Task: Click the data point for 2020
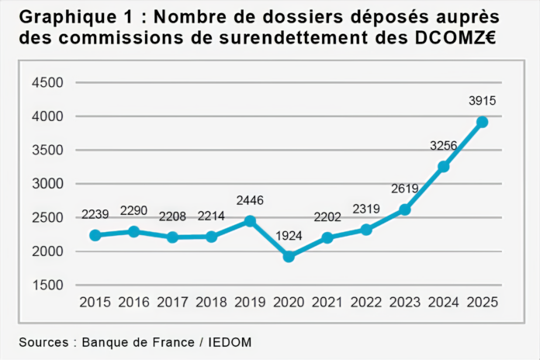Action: tap(289, 256)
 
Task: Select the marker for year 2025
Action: tap(482, 122)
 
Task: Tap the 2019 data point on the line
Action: tap(250, 221)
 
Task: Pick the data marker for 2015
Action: tap(95, 235)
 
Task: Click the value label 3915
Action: tap(482, 100)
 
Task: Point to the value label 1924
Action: tap(289, 235)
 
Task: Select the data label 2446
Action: tap(250, 200)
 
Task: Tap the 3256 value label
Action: tap(443, 145)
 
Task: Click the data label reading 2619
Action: tap(404, 189)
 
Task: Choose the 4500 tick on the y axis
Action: tap(48, 82)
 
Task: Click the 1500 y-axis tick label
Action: tap(48, 286)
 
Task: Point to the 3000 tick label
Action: tap(48, 184)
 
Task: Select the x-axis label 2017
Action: tap(172, 302)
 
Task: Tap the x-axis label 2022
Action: tap(365, 302)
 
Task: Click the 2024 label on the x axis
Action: tap(443, 302)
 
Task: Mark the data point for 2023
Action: tap(404, 209)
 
